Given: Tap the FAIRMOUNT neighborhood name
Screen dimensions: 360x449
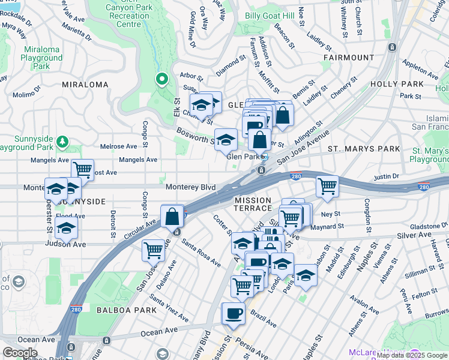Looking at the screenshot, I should (349, 58).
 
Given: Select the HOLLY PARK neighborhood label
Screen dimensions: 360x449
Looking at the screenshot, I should (397, 84).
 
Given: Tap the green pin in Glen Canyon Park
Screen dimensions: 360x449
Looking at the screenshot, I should (161, 79).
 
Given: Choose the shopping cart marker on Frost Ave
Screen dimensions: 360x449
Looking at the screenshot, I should (82, 170).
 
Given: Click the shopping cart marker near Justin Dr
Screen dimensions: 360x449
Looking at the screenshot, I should (327, 186).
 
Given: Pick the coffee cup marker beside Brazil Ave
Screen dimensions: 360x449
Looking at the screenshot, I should (233, 313).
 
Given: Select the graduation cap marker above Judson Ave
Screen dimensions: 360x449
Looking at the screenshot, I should (66, 227).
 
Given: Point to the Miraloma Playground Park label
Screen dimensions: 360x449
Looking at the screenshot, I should (42, 58).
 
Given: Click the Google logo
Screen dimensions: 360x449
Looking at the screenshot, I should (20, 353).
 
